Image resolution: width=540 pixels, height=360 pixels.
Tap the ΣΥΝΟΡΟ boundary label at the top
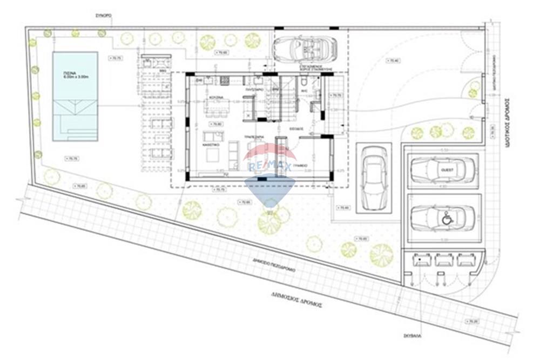(103, 17)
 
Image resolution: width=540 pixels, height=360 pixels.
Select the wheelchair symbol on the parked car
(447, 219)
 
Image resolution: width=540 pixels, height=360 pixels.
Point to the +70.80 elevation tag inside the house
(217, 124)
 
